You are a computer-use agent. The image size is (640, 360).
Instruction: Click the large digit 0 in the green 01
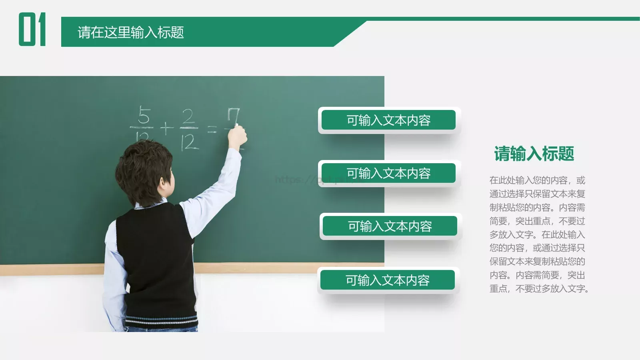27,29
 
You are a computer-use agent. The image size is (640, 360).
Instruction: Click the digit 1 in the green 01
41,29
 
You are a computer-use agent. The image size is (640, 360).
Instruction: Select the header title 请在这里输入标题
131,32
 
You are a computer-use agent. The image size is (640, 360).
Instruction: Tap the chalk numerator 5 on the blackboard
144,116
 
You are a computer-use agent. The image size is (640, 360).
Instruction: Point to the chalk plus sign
166,128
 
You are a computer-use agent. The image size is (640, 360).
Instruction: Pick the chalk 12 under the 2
189,142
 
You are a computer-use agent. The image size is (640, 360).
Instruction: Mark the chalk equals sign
212,129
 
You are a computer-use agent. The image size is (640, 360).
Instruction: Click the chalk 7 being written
234,116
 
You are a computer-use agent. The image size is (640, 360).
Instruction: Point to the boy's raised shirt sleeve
216,188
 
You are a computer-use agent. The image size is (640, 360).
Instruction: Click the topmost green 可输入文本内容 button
388,120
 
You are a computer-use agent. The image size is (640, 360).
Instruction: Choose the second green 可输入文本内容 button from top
388,173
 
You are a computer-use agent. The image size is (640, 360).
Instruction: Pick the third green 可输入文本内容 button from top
390,226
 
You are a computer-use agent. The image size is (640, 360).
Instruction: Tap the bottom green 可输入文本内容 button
388,280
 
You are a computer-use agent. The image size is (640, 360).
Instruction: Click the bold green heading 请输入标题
534,154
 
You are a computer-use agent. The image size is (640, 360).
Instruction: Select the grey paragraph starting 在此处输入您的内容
538,234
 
